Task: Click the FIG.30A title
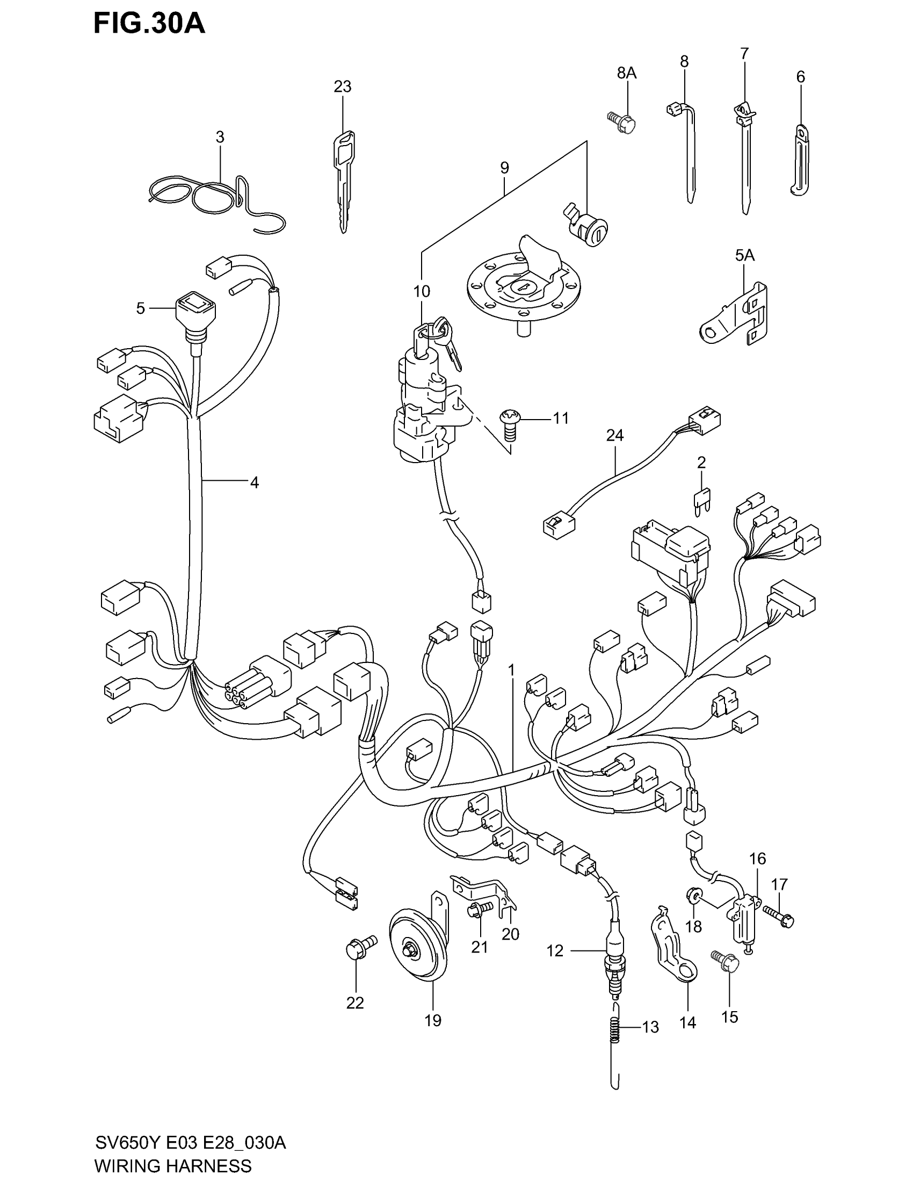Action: click(149, 24)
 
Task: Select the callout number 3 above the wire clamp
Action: click(220, 138)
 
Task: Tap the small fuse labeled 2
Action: click(702, 498)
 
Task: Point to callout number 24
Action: click(615, 435)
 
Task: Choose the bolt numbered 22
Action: click(358, 948)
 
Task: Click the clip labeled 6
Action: click(800, 160)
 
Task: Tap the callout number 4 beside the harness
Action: click(254, 482)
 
